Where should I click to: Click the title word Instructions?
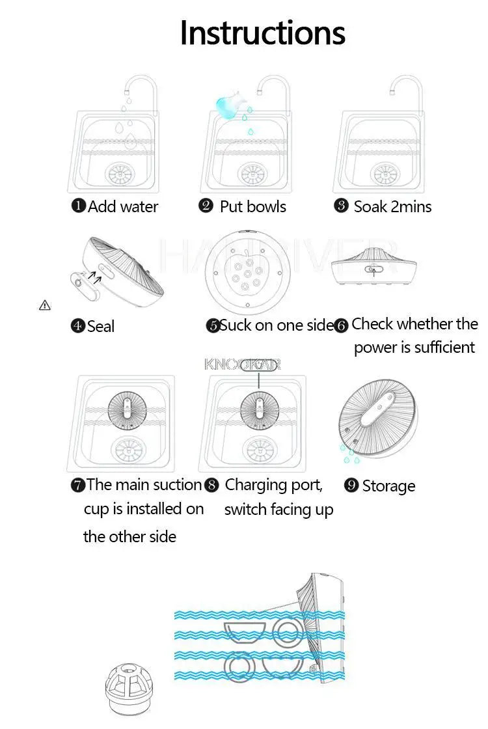click(262, 33)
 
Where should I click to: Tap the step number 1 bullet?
click(78, 206)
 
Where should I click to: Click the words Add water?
click(123, 207)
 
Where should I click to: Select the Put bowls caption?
click(252, 207)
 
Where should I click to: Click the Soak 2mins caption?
click(392, 207)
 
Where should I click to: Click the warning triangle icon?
click(45, 305)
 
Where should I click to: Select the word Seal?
click(101, 326)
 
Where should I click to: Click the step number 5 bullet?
click(212, 326)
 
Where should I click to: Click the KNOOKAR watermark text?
click(243, 364)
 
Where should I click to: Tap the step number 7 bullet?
click(77, 485)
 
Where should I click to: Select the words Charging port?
click(273, 485)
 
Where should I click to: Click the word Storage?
click(388, 486)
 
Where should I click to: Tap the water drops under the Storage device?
click(348, 453)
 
